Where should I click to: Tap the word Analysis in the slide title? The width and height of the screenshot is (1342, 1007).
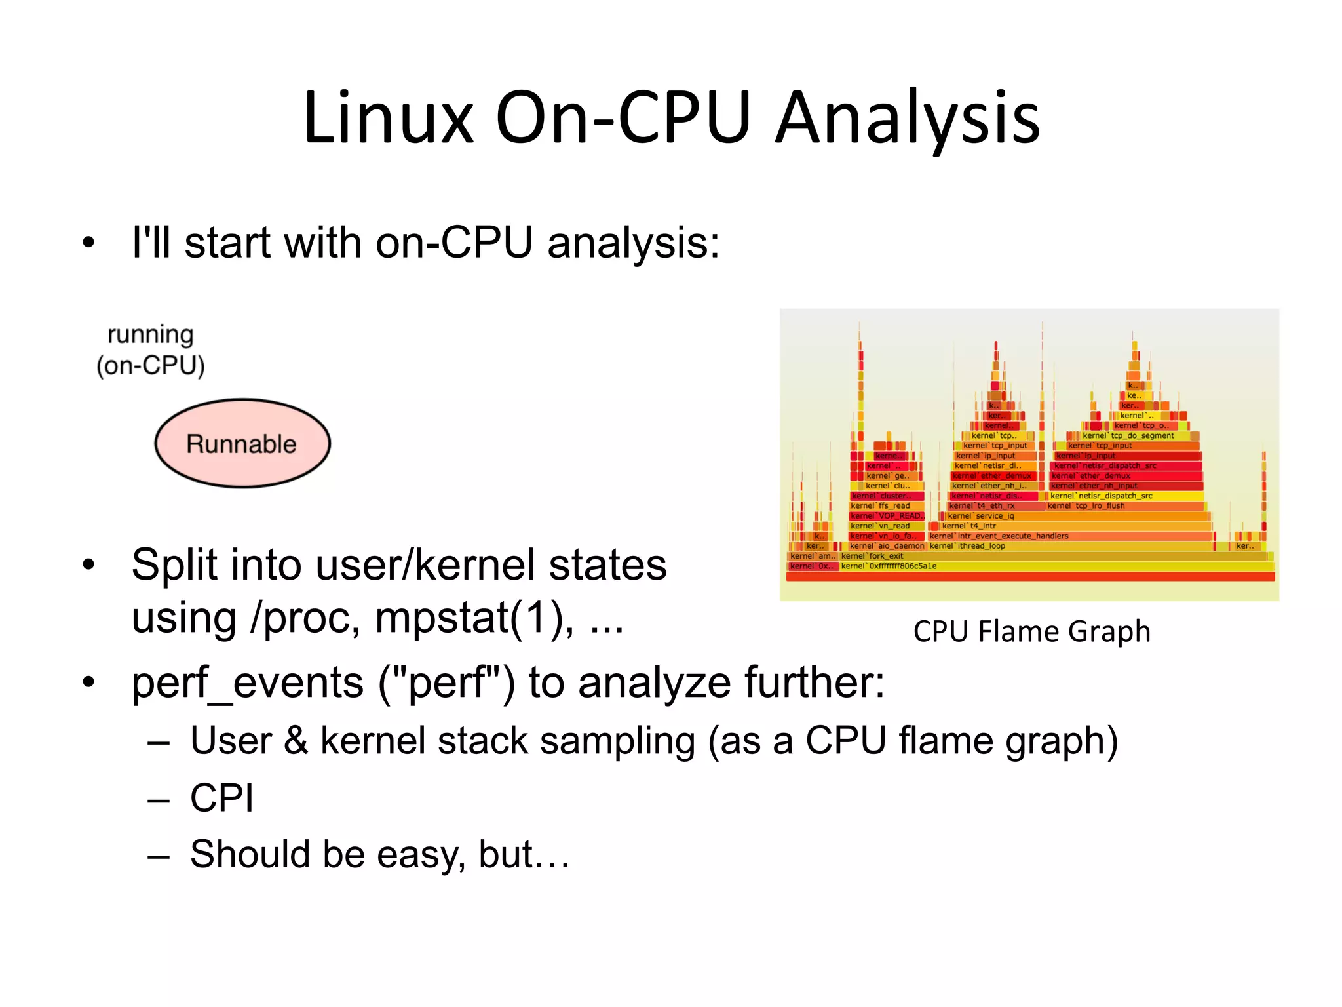908,118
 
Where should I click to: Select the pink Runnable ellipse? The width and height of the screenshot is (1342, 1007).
242,444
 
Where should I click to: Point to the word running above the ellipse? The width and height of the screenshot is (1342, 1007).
151,334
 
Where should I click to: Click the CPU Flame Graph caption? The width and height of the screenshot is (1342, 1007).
1031,631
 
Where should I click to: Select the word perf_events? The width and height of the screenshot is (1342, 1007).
247,682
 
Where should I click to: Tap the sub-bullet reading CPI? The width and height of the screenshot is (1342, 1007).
221,798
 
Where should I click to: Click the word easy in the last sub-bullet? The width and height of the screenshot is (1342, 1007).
420,854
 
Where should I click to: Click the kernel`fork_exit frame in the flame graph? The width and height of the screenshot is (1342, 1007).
872,556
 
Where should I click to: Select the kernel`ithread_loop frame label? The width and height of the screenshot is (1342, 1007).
967,546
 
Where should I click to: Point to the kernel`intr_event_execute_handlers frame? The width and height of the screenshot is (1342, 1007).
999,536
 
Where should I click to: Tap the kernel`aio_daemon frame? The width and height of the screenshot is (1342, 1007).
887,546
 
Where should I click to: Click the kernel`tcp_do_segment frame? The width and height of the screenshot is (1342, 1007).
1128,435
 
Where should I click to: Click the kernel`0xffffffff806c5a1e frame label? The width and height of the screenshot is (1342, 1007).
889,566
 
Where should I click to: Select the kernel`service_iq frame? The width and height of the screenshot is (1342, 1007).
981,516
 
